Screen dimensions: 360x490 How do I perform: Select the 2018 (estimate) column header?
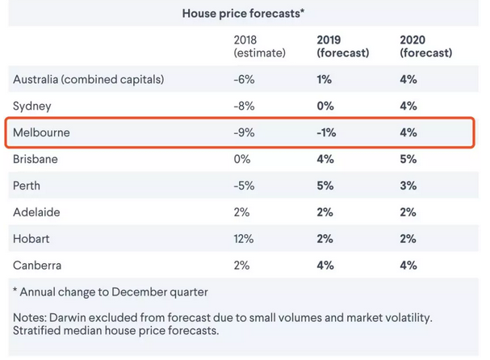260,46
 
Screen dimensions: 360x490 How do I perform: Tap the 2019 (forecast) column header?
343,46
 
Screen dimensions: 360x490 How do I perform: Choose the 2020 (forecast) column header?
425,46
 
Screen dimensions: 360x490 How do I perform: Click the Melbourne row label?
42,132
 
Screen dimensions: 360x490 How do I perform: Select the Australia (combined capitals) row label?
88,79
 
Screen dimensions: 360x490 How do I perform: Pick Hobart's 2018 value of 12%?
244,239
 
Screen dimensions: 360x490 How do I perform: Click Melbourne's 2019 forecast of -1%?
327,132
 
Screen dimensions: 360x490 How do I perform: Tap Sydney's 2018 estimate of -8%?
244,106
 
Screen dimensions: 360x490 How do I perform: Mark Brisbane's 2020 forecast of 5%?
408,159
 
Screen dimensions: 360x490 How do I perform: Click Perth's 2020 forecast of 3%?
408,186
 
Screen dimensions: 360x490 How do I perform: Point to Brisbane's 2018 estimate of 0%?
243,159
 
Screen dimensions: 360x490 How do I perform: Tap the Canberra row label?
37,266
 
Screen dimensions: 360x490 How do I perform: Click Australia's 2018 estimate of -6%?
244,79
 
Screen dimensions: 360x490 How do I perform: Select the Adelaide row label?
37,212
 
